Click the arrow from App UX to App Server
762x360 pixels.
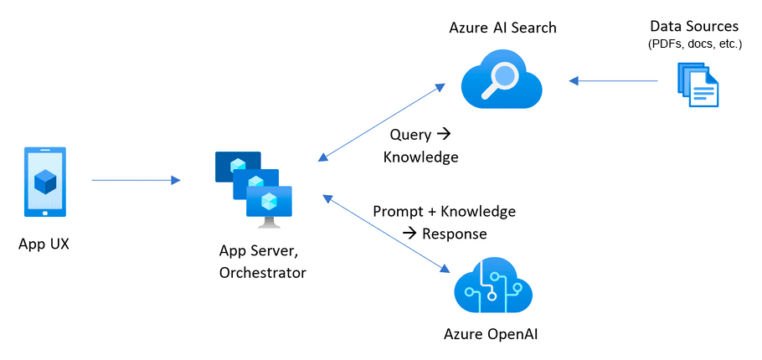(x=136, y=180)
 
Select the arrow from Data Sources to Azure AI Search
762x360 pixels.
(x=613, y=81)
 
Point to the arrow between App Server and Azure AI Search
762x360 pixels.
(x=382, y=121)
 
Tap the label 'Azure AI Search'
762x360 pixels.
(x=502, y=28)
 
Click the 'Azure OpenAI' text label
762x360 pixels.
(x=491, y=336)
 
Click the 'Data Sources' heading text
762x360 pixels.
(x=695, y=27)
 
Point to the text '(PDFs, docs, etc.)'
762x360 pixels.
(x=695, y=44)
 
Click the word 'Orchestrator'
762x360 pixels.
(x=262, y=272)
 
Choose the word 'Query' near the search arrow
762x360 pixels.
(x=410, y=135)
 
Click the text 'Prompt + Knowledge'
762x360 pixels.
(x=444, y=211)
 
